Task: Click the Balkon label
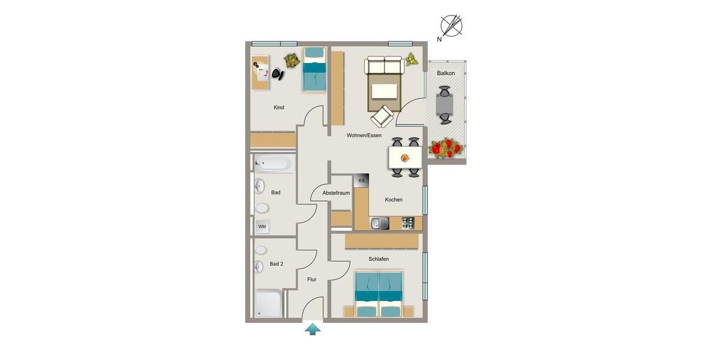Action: (446, 73)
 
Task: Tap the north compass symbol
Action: (451, 26)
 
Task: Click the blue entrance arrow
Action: (312, 329)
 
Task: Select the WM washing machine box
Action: (262, 226)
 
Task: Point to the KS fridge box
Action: (361, 181)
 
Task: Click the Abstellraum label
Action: (336, 193)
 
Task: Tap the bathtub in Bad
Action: (274, 163)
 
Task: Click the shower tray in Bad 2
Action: (268, 304)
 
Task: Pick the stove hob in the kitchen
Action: (408, 224)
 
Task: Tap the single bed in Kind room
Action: (314, 70)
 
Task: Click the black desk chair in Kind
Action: (277, 74)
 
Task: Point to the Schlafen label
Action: (379, 259)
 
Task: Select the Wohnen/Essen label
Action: (364, 136)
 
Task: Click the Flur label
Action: (312, 280)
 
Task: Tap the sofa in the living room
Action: (385, 65)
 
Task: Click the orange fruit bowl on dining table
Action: (404, 158)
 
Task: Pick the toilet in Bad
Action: (262, 208)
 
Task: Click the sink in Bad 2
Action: (260, 266)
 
